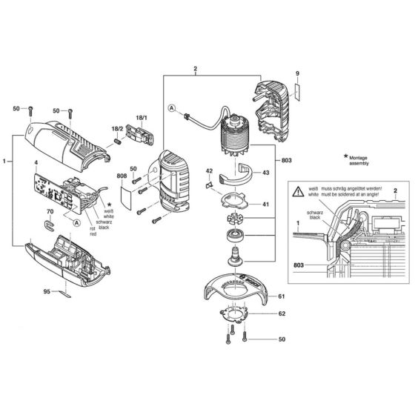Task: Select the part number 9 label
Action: (297, 73)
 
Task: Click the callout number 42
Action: (209, 171)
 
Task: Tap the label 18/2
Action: (117, 128)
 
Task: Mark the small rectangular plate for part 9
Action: (297, 90)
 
